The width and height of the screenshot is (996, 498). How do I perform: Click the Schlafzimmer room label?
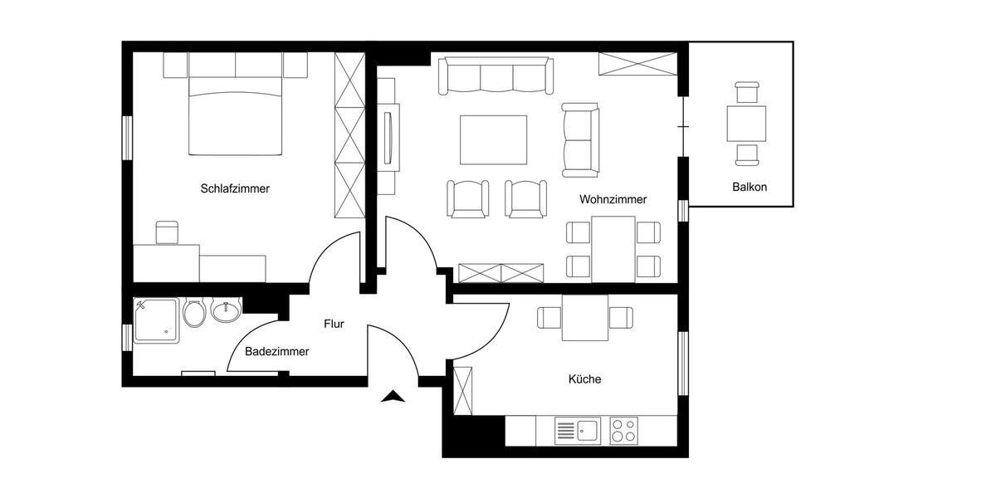tap(235, 188)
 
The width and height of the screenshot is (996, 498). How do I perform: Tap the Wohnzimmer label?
tap(613, 199)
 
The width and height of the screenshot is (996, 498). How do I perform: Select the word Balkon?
tap(749, 187)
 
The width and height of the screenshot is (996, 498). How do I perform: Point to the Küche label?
tap(584, 378)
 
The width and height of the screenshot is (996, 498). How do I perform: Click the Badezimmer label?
tap(276, 351)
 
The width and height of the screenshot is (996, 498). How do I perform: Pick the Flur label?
tap(334, 324)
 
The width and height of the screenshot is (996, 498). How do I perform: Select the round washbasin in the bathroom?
tap(225, 310)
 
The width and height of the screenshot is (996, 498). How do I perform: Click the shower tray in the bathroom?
tap(156, 320)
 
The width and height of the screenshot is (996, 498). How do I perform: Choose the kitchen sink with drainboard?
tap(578, 431)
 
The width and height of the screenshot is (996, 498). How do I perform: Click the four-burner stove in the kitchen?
tap(624, 431)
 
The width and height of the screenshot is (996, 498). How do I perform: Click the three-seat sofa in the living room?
tap(496, 76)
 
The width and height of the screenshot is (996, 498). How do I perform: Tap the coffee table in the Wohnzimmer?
tap(494, 140)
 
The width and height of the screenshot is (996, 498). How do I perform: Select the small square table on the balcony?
tap(746, 124)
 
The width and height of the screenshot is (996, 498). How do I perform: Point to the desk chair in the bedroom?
tap(168, 232)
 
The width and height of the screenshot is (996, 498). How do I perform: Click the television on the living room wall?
tap(388, 136)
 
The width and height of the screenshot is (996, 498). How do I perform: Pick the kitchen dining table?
tap(585, 318)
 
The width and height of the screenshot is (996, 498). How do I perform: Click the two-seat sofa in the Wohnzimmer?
tap(580, 139)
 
